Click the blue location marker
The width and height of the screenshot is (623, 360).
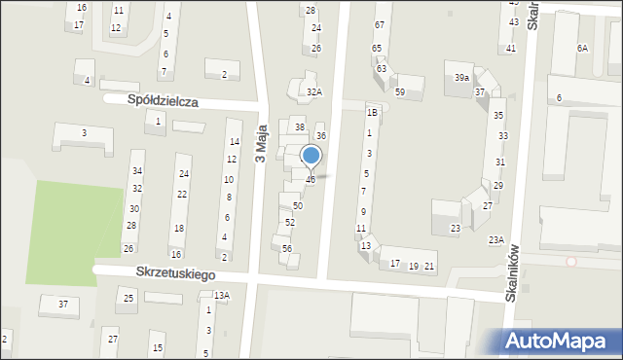pyautogui.click(x=311, y=156)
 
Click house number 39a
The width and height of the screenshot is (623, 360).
pyautogui.click(x=461, y=78)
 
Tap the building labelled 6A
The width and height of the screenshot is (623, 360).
pyautogui.click(x=582, y=48)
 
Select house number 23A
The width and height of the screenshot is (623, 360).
pyautogui.click(x=496, y=239)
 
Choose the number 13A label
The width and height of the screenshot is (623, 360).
pyautogui.click(x=222, y=296)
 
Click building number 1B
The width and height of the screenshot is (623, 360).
pyautogui.click(x=371, y=113)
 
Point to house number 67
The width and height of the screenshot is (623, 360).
pyautogui.click(x=379, y=23)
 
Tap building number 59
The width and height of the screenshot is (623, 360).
pyautogui.click(x=400, y=91)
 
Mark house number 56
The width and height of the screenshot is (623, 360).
pyautogui.click(x=287, y=249)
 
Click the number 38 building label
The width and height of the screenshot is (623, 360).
pyautogui.click(x=300, y=127)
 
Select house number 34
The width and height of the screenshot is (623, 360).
pyautogui.click(x=137, y=171)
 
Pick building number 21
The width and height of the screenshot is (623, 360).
pyautogui.click(x=429, y=267)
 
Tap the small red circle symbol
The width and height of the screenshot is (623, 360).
pyautogui.click(x=571, y=262)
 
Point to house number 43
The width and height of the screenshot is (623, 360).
pyautogui.click(x=513, y=21)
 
